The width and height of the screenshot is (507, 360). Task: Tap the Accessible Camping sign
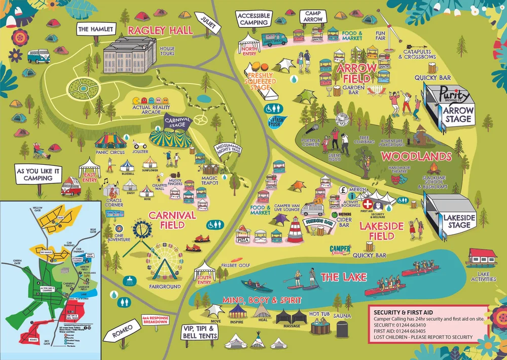254,19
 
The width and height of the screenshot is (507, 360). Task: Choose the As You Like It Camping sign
38,175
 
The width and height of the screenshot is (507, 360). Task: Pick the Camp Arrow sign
314,16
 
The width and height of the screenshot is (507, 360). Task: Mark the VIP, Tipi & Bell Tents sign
200,332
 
